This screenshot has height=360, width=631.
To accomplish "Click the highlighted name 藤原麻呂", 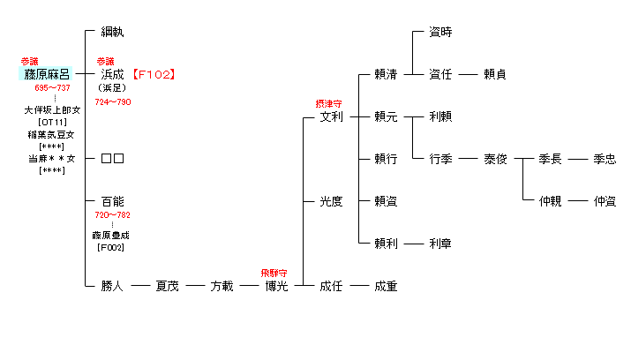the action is point(46,74).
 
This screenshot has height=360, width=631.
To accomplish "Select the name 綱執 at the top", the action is point(112,32).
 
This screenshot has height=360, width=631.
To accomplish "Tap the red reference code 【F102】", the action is point(154,74).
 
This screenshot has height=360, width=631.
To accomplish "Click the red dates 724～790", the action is point(113,102).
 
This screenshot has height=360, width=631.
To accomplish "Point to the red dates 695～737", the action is point(52,87).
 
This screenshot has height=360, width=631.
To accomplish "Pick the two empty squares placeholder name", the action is point(112,159).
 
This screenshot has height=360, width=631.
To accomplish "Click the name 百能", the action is point(112,201).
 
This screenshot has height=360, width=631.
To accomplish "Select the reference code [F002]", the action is point(110,247).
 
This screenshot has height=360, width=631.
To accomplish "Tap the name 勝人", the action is point(112,286).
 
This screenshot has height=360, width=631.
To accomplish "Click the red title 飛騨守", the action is point(274,274).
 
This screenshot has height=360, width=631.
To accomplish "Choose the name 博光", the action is point(276,286).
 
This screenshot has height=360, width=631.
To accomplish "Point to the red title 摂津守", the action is point(328,104).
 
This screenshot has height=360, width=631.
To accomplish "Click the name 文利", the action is point(331,116).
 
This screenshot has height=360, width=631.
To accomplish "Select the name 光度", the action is point(331,201).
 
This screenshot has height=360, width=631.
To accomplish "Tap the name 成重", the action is point(386,286).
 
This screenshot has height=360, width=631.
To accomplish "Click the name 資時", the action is point(440,32).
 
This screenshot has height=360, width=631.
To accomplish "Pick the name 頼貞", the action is point(495,74).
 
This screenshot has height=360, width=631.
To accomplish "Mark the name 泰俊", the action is point(495,159).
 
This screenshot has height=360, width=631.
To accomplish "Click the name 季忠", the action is point(605,159).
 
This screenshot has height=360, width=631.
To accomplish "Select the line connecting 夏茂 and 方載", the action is point(195,286).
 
